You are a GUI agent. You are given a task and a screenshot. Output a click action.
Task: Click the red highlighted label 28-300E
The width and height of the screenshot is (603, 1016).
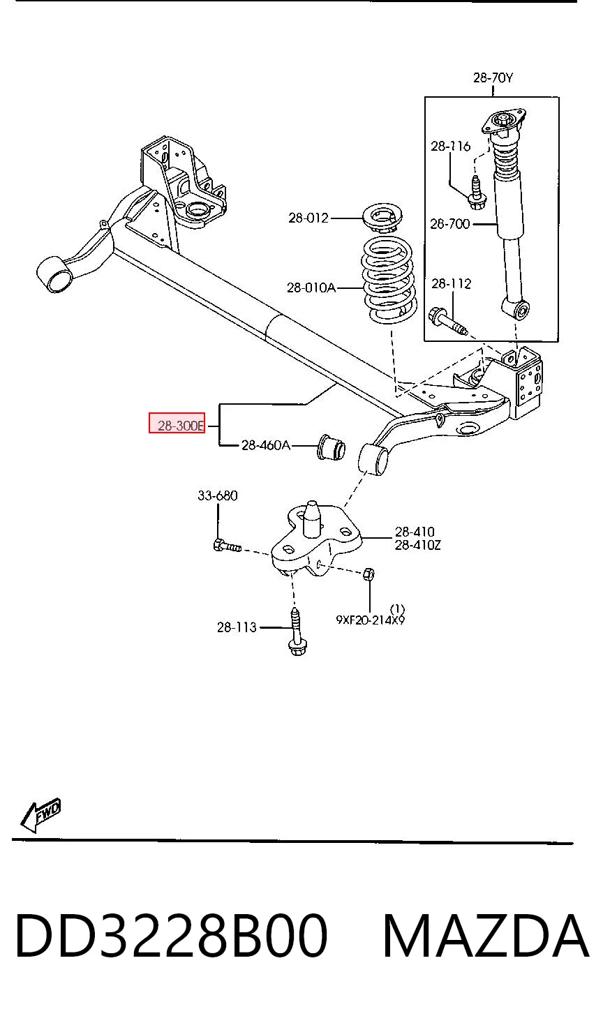click(177, 423)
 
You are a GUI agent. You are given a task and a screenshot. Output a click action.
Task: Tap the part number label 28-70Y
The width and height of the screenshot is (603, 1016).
click(493, 77)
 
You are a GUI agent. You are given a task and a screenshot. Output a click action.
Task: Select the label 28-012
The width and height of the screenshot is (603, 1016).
click(308, 218)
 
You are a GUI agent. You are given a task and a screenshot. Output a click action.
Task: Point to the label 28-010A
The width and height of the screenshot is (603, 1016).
click(311, 287)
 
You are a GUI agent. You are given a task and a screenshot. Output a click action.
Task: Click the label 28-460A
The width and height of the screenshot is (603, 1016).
click(266, 445)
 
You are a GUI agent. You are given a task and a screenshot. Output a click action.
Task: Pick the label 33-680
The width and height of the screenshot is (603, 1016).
click(217, 495)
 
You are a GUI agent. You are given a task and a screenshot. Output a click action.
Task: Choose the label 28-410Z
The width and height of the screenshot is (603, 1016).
click(417, 545)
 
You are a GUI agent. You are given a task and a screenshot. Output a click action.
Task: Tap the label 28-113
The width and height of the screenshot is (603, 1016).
click(237, 627)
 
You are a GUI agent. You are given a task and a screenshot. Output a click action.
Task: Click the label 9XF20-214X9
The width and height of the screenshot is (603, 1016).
click(370, 620)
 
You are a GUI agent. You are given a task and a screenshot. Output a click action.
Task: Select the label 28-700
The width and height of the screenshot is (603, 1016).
click(449, 223)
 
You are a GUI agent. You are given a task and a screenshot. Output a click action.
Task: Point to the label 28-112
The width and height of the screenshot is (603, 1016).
click(451, 283)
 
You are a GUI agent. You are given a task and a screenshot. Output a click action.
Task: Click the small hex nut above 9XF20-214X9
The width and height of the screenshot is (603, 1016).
click(369, 574)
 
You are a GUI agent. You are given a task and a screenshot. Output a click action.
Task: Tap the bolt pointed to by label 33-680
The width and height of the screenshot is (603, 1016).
click(227, 546)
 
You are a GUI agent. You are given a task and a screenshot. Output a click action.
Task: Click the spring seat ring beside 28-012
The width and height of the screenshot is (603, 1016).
click(383, 217)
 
